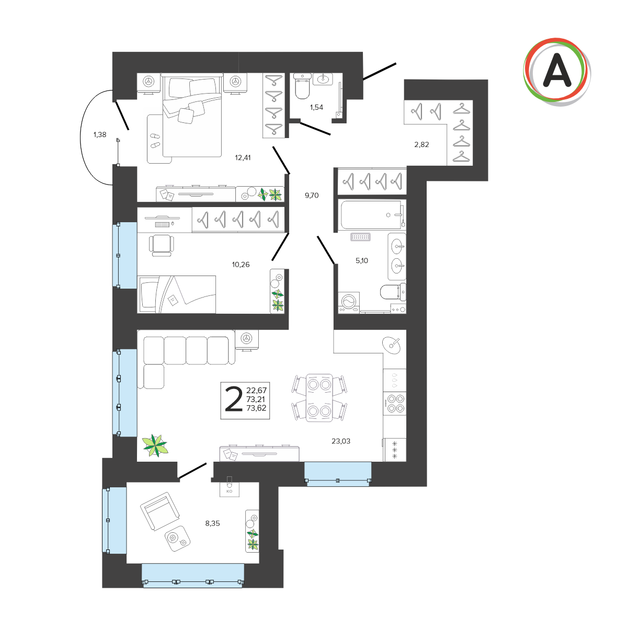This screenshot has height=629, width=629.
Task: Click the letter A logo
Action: click(x=557, y=72)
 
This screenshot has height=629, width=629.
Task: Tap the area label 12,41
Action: click(x=243, y=158)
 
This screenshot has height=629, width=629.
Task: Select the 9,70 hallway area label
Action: click(x=312, y=196)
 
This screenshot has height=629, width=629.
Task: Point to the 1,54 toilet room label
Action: click(x=316, y=107)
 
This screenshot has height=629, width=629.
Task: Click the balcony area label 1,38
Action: click(x=100, y=134)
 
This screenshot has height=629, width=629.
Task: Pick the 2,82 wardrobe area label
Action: click(x=421, y=145)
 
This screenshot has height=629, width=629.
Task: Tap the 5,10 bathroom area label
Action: click(x=362, y=260)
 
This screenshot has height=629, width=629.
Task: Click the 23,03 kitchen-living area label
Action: click(x=341, y=441)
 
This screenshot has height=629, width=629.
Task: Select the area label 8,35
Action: click(x=212, y=523)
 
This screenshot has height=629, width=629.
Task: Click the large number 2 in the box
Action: click(x=234, y=399)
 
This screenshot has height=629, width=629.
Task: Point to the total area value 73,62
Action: click(x=256, y=408)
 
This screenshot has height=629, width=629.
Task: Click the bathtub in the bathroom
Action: click(x=371, y=215)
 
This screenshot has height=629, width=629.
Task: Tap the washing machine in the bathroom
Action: click(x=349, y=303)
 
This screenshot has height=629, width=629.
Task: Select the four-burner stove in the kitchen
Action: click(x=395, y=404)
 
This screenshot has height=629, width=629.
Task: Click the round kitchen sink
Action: click(x=392, y=345)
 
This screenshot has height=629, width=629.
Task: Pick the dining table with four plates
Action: click(x=319, y=398)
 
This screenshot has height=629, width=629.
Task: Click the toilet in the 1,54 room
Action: click(x=302, y=86)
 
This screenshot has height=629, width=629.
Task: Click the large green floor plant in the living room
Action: click(x=155, y=445)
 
